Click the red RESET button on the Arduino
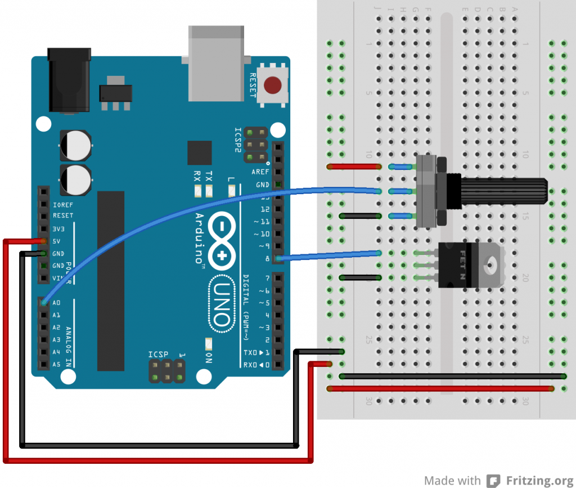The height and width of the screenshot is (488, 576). pos(273,86)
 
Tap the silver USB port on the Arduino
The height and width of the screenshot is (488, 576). pos(215,47)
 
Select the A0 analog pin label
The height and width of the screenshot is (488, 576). pos(56,303)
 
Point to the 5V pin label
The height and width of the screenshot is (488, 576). pos(57,241)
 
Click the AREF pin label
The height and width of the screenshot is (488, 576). pos(260,172)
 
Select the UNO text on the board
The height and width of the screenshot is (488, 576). pos(220,304)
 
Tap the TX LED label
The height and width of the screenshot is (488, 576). pos(209,175)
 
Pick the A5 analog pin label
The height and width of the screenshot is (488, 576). pos(56,365)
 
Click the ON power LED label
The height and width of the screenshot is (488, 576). pos(209,357)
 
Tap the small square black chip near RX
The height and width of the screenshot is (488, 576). pos(200,153)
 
